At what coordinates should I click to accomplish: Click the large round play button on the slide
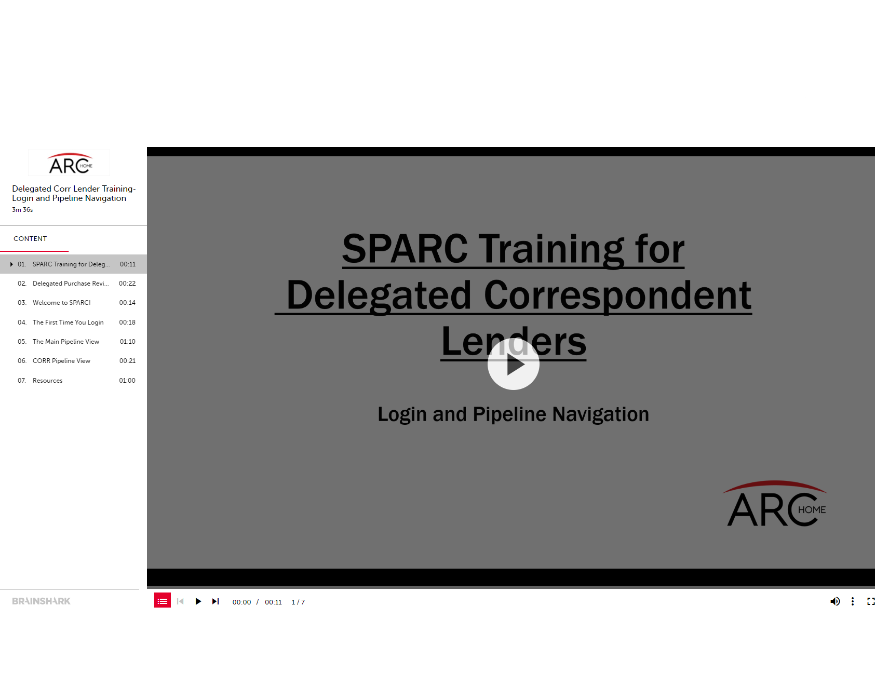(513, 364)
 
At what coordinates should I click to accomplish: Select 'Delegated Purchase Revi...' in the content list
(71, 284)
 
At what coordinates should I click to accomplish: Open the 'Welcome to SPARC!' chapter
(62, 303)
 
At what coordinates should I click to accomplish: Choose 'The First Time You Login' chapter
(68, 322)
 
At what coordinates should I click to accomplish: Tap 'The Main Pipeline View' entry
(66, 342)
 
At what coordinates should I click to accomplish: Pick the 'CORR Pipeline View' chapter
(61, 361)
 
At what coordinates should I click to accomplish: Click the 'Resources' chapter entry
(47, 381)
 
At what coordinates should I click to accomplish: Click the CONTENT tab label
(30, 239)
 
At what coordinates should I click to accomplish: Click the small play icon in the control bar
(198, 601)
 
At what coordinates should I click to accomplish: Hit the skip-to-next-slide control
(216, 601)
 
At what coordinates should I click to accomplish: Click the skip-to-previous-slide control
(180, 601)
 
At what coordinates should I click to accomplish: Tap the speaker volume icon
(835, 601)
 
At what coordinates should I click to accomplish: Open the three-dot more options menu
(853, 601)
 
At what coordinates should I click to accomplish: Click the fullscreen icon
(871, 601)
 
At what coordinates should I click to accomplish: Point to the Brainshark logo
(41, 601)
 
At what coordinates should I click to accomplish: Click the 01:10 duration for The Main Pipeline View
(128, 342)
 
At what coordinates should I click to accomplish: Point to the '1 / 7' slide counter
(298, 602)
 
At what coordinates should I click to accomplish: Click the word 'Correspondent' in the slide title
(617, 295)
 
